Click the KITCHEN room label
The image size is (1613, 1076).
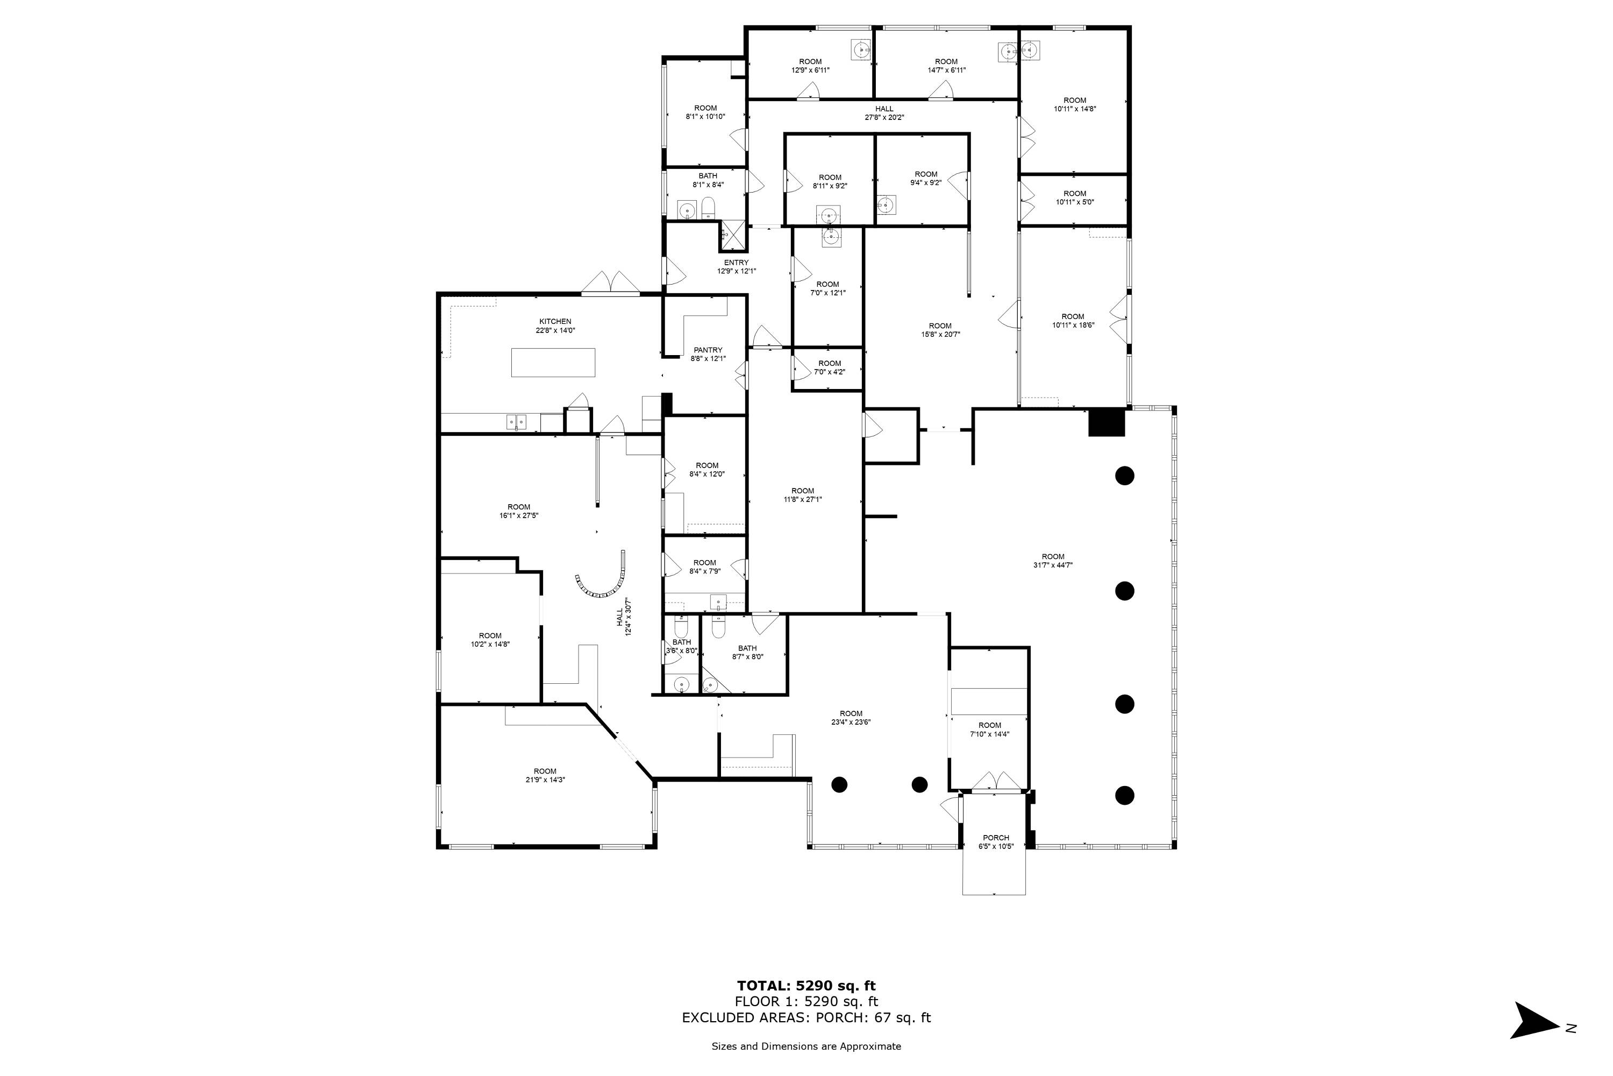tap(555, 321)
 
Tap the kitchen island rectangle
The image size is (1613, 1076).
tap(553, 362)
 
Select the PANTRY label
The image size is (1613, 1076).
tap(708, 350)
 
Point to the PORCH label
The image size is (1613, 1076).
tap(996, 838)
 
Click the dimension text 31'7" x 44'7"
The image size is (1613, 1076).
tap(1053, 565)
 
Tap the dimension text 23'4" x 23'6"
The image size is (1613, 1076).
tap(851, 722)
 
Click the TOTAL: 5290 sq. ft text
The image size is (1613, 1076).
tap(806, 987)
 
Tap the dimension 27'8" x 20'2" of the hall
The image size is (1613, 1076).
tap(884, 117)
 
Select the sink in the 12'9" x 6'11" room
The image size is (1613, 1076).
tap(861, 49)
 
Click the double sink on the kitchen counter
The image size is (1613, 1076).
tap(516, 421)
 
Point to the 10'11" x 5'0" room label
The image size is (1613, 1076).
tap(1075, 197)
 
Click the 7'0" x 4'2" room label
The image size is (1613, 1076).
tap(829, 368)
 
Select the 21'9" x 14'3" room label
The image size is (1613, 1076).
tap(545, 775)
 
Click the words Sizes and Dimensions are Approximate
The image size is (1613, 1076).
tap(806, 1046)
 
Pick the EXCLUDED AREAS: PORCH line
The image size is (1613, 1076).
tap(806, 1018)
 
